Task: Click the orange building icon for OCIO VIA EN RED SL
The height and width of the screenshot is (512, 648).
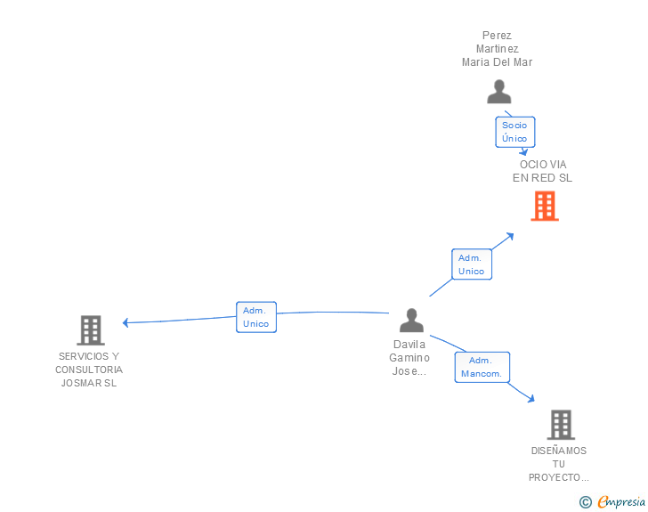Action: tap(544, 206)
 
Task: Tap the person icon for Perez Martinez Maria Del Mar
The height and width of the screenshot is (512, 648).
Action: tap(498, 92)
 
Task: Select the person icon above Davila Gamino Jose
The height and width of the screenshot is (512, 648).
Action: tap(410, 320)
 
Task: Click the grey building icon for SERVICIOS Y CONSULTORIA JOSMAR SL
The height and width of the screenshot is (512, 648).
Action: tap(90, 330)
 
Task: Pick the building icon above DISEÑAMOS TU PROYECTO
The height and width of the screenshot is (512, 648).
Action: tap(560, 425)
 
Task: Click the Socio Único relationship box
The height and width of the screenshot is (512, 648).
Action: tap(514, 132)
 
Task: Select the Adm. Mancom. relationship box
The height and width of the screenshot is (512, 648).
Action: tap(482, 367)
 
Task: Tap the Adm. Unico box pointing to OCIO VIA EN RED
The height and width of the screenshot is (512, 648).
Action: tap(471, 264)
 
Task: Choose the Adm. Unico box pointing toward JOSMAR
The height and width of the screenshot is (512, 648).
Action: tap(256, 317)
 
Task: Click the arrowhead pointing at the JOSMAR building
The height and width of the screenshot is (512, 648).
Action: tap(126, 322)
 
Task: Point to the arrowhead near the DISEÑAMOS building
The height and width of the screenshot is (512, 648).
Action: tap(531, 399)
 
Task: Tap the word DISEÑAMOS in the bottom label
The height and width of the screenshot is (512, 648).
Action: tap(559, 451)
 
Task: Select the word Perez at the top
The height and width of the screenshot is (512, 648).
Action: tap(497, 37)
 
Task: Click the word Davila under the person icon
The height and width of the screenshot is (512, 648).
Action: tap(409, 344)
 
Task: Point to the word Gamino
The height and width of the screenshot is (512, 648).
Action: tap(409, 357)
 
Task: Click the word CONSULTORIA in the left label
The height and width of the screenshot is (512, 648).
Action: tap(89, 370)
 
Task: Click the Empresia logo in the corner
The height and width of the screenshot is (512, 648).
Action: tap(620, 502)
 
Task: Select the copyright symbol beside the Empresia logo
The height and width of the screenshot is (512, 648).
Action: tap(585, 502)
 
